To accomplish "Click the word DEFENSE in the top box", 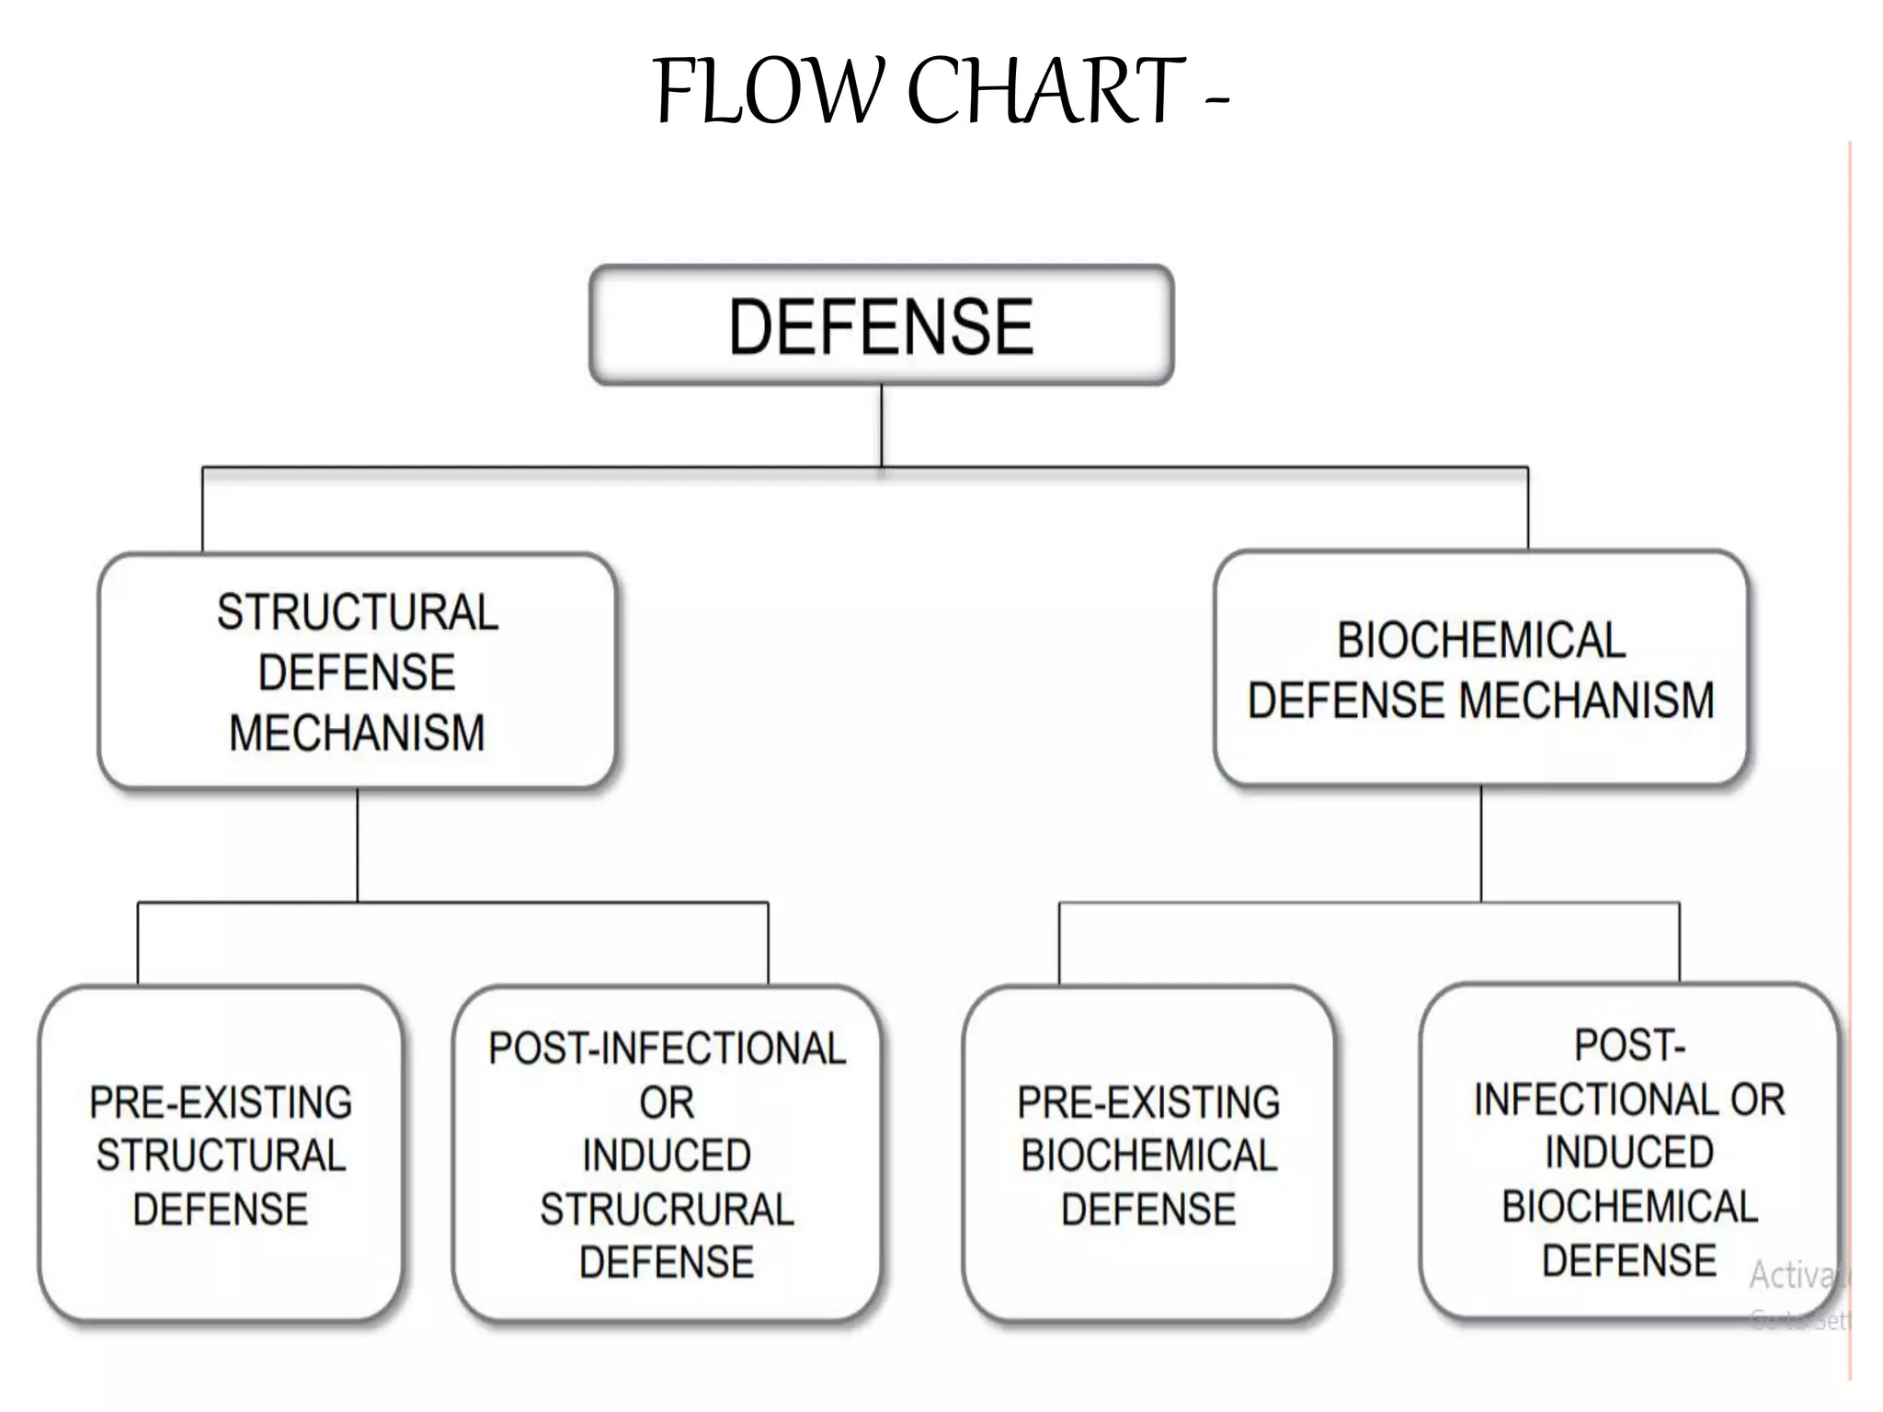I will coord(881,326).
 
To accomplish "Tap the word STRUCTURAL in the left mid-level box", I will coord(358,612).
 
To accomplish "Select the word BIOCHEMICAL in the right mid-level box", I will coord(1480,641).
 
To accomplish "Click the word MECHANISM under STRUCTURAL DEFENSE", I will coord(357,734).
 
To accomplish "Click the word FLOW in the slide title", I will coord(772,91).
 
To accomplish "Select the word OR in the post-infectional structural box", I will coord(667,1102).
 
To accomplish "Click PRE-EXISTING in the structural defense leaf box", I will coord(221,1102).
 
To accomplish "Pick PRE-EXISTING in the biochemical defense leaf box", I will coord(1148,1102).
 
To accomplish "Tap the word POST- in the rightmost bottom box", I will coord(1629,1045).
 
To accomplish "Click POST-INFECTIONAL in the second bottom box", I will coord(667,1049).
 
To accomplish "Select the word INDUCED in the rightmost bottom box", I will coord(1629,1153).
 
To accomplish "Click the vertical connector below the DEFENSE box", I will coord(881,425).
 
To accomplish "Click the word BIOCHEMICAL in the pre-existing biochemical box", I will coord(1148,1156).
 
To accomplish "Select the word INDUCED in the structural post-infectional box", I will coord(667,1156).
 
